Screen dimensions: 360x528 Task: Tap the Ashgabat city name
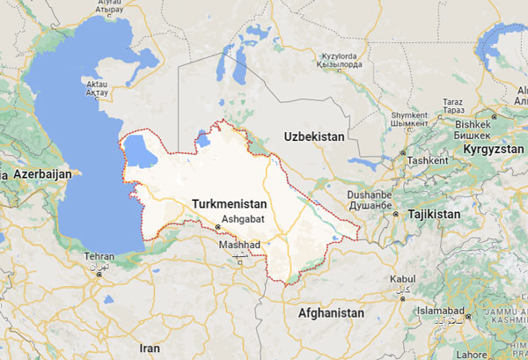[241, 216]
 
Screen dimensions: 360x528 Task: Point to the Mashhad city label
[240, 243]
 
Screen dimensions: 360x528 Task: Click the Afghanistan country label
[331, 312]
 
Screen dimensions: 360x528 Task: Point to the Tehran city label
[99, 256]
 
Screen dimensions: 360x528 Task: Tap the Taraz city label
[453, 102]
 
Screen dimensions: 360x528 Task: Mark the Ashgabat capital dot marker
[217, 228]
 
